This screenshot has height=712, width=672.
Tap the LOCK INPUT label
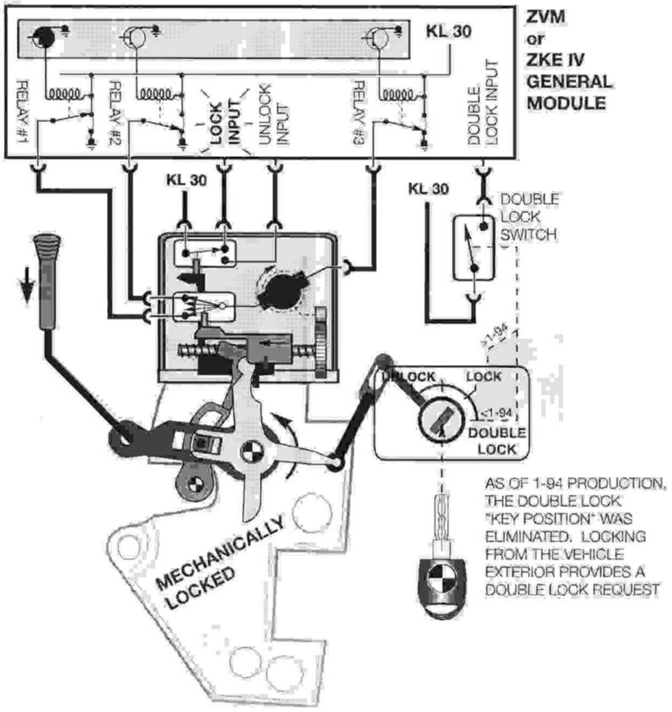pyautogui.click(x=225, y=122)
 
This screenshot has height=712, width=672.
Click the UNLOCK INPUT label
pyautogui.click(x=273, y=114)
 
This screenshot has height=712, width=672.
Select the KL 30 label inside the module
pyautogui.click(x=448, y=31)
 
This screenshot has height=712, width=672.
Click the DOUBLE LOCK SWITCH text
pyautogui.click(x=529, y=217)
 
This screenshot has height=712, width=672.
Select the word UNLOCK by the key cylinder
pyautogui.click(x=409, y=377)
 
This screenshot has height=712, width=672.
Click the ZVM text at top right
pyautogui.click(x=546, y=17)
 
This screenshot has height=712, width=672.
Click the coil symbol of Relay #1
pyautogui.click(x=68, y=94)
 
